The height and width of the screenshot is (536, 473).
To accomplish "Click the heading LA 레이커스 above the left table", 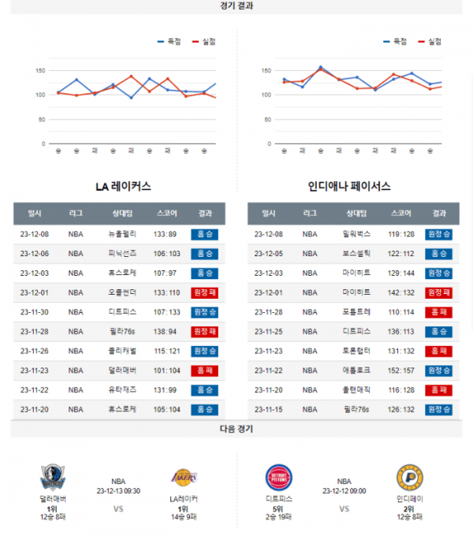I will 123,187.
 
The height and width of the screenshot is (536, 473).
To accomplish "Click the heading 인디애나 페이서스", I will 349,187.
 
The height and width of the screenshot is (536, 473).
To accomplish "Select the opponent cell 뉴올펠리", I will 122,234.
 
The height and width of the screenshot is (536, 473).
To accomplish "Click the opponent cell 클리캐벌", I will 122,351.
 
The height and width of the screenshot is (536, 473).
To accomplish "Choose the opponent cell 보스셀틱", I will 357,254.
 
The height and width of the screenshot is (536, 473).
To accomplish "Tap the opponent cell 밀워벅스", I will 357,234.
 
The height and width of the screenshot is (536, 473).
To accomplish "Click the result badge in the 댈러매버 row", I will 205,370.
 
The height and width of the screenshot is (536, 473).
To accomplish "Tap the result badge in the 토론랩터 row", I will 438,351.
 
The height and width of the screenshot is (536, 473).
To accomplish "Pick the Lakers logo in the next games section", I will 183,477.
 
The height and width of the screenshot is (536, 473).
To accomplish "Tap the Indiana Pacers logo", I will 410,478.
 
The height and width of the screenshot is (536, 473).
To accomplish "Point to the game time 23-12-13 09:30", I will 118,490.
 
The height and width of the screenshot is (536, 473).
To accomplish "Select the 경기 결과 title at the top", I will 236,6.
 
